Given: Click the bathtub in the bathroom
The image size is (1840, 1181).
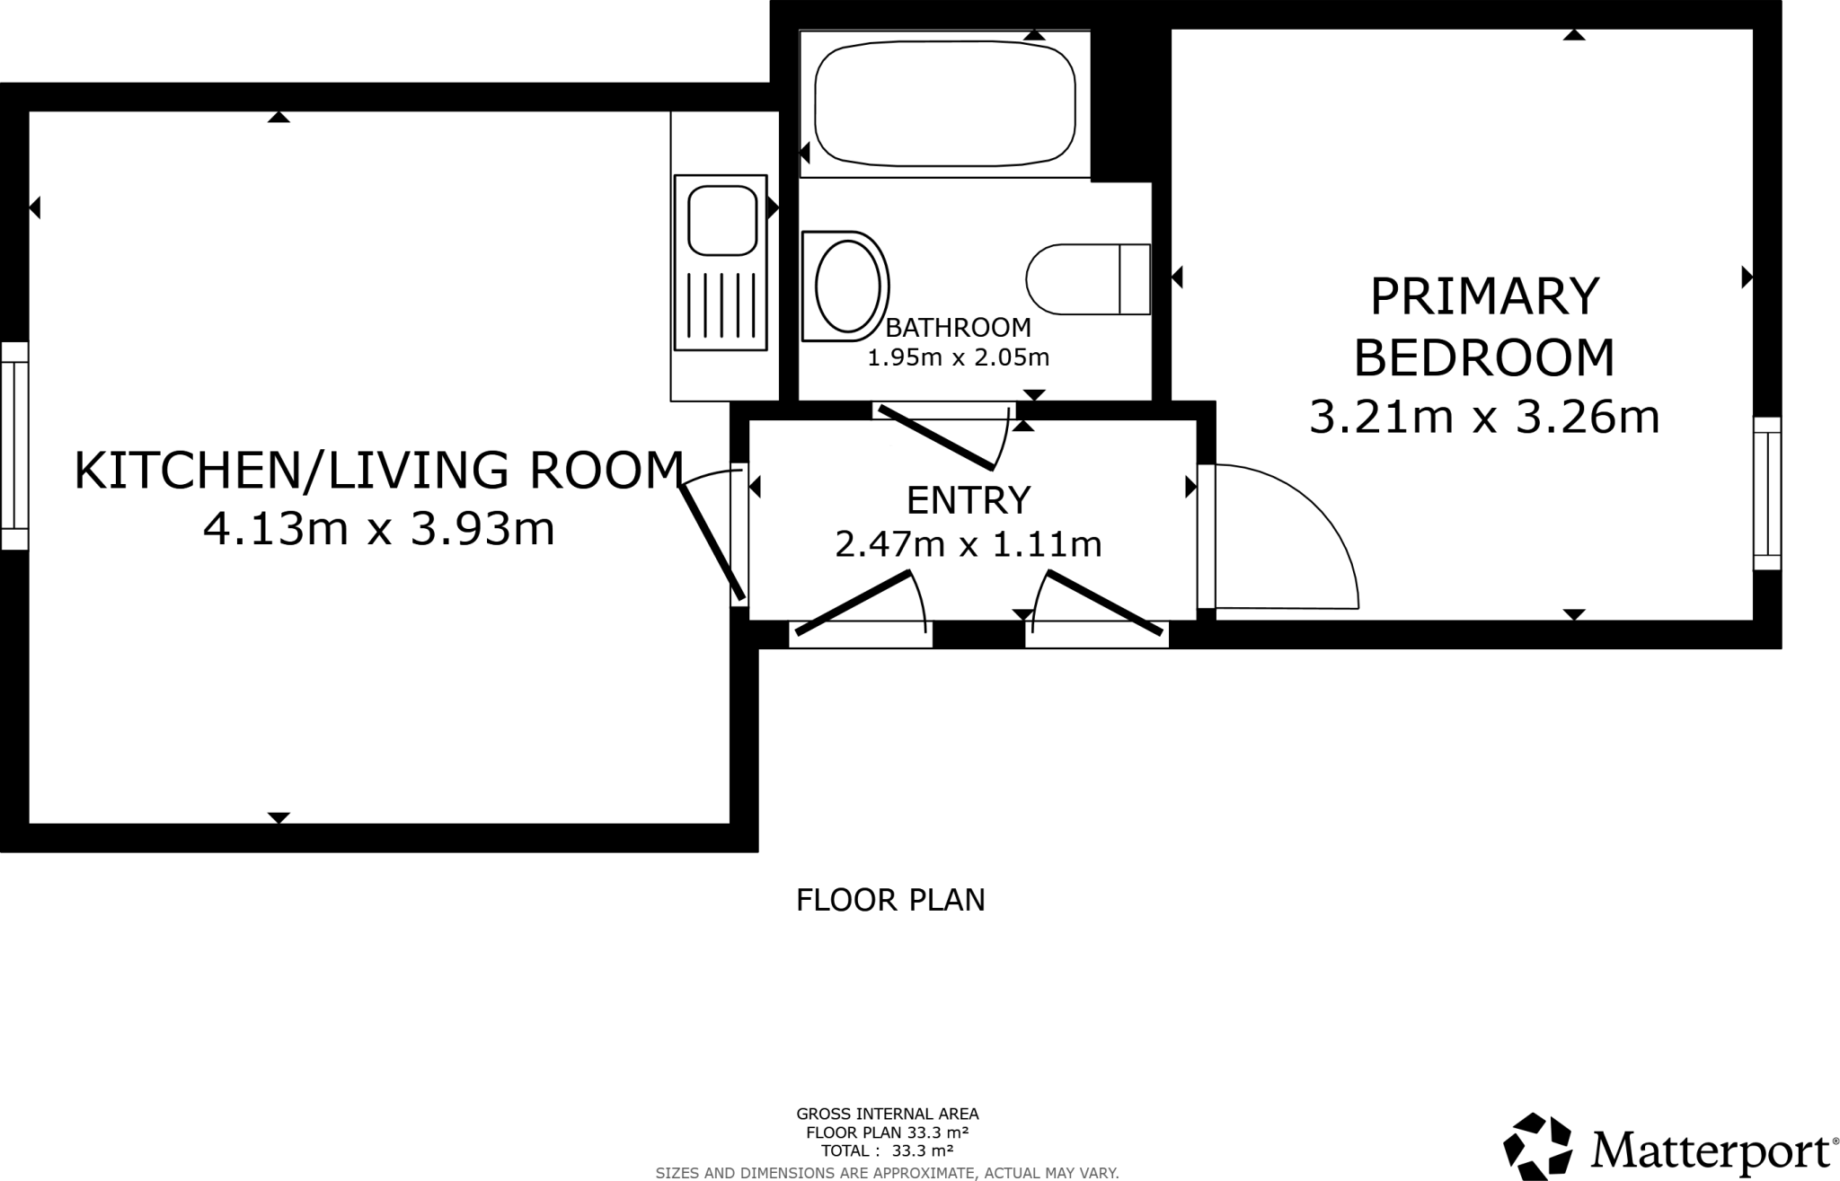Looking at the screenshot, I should (944, 103).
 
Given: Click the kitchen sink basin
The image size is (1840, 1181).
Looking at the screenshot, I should (721, 219).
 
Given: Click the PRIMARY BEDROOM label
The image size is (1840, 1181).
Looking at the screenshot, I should (1483, 326).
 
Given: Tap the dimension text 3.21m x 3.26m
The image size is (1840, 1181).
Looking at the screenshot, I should (1483, 417).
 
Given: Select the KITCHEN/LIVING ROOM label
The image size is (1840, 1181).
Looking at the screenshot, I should (378, 471).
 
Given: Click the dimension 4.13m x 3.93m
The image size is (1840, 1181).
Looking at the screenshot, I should (378, 528).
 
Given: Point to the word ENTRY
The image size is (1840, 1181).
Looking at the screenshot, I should (968, 499).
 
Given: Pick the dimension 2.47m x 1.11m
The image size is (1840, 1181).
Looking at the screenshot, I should (968, 544).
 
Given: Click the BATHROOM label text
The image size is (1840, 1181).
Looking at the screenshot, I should (958, 327).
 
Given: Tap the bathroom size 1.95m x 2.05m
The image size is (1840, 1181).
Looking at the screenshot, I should (958, 357).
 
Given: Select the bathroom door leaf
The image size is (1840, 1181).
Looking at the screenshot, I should (935, 438).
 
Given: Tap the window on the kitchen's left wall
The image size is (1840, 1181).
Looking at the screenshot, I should (13, 445).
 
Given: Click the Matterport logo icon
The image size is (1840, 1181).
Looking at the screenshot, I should (1537, 1147).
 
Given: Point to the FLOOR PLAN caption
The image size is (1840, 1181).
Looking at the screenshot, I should (890, 900).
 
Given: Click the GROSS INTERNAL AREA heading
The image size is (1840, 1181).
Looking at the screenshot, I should (887, 1115).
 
